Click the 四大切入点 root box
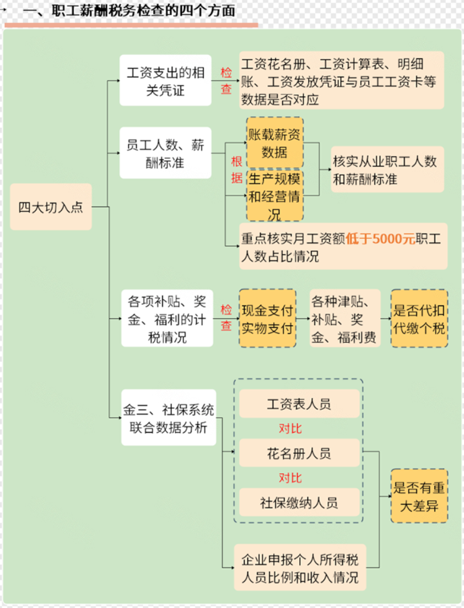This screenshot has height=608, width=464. (x=51, y=207)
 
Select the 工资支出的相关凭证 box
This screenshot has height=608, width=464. (x=165, y=81)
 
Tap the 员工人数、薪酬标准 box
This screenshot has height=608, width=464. (x=165, y=154)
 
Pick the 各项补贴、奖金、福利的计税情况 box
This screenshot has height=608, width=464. (x=167, y=319)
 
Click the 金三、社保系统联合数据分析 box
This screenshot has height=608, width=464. (x=168, y=418)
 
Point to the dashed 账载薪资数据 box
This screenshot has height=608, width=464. (x=274, y=143)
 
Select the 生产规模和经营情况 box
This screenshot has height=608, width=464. (x=274, y=195)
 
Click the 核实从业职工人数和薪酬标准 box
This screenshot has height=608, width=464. (x=387, y=169)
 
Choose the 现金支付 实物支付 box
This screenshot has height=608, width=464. (x=267, y=319)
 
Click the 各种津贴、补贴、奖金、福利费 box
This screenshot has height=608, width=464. (x=344, y=319)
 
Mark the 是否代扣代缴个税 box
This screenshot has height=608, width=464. (x=419, y=319)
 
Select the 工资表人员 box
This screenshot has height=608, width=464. (x=299, y=404)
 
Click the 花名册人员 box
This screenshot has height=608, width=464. (x=299, y=453)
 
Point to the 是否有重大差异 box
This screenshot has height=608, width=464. (x=419, y=496)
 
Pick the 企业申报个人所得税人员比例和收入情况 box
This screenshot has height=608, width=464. (x=300, y=568)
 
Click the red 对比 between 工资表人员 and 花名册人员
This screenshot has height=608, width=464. (x=290, y=429)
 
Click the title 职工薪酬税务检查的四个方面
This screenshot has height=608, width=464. (x=143, y=10)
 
